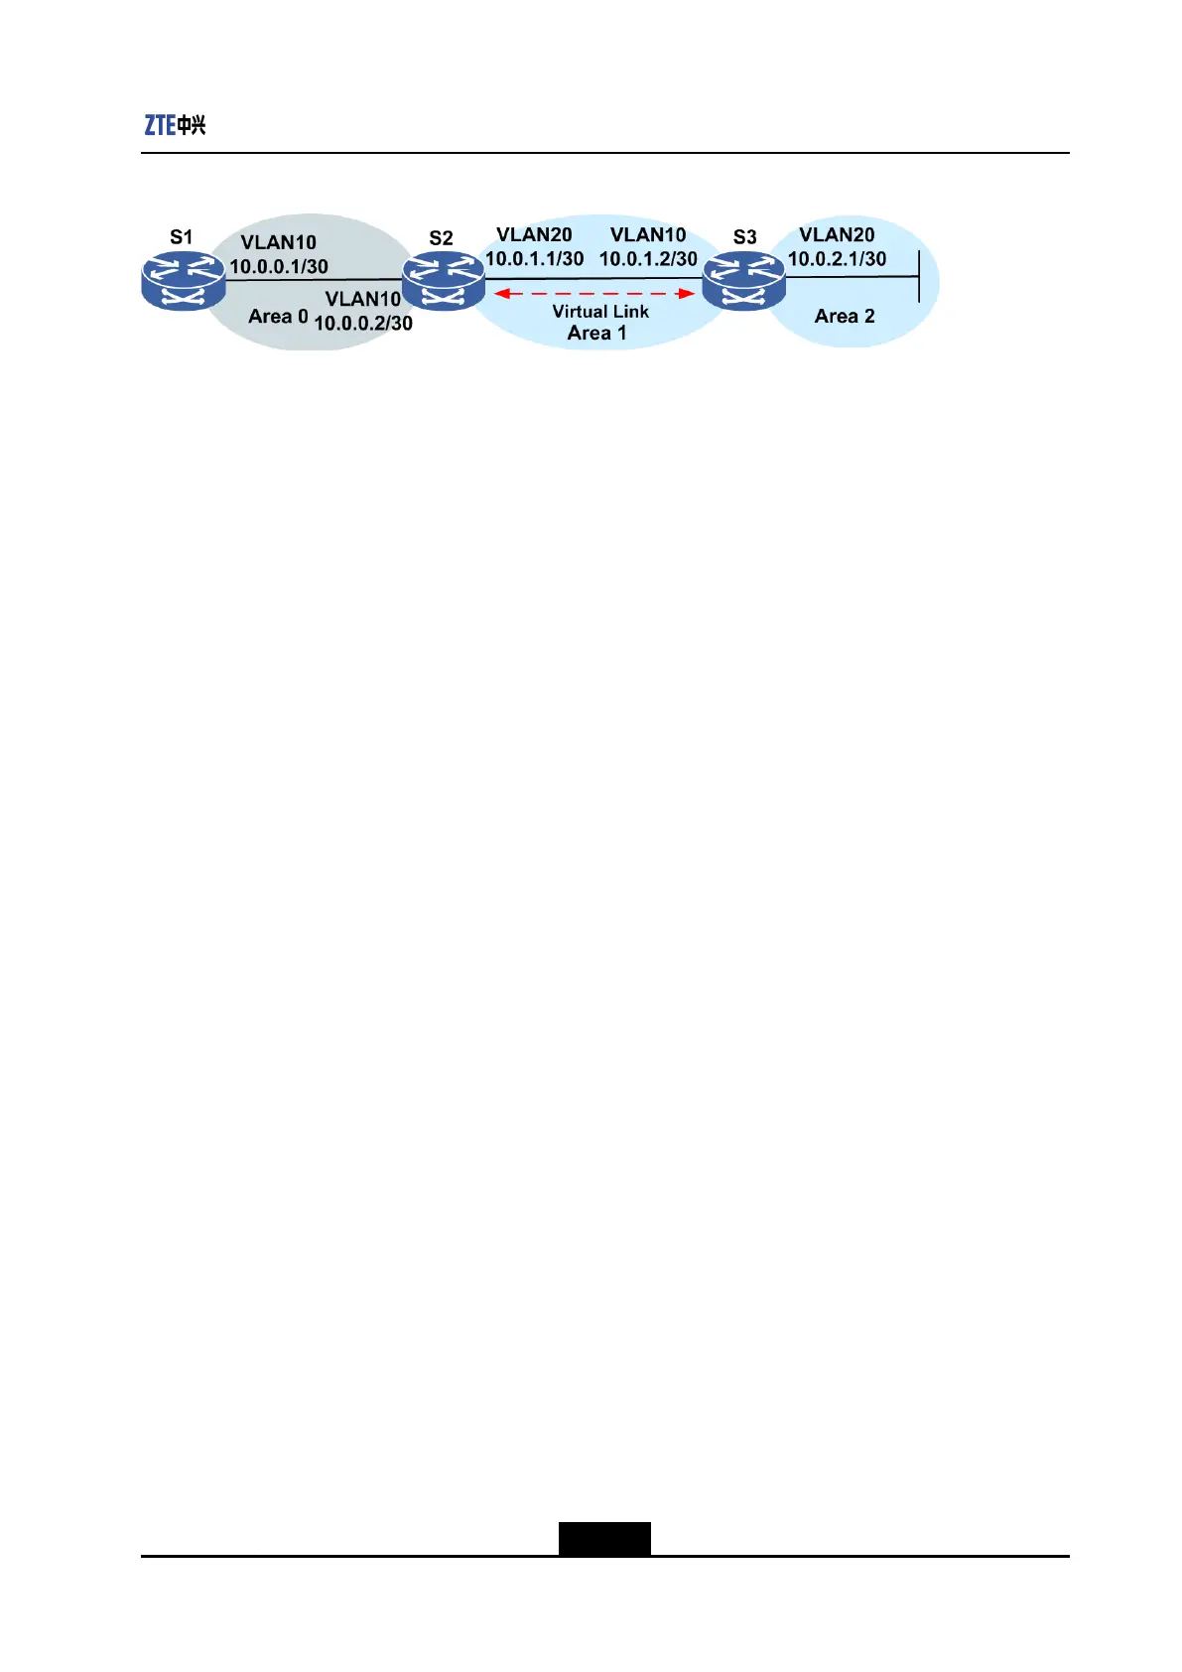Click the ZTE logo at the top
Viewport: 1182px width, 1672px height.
pos(175,125)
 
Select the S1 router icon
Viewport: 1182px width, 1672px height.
pos(184,280)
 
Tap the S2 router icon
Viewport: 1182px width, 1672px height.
pos(444,281)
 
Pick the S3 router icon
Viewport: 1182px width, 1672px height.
pos(744,281)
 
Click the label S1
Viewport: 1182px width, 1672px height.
pos(181,237)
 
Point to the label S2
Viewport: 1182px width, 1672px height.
pos(441,238)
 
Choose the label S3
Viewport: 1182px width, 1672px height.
pos(744,237)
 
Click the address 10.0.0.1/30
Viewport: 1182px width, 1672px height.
pos(279,266)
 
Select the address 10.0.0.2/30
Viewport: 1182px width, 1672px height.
pos(363,323)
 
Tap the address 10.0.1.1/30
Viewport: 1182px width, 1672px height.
pos(534,258)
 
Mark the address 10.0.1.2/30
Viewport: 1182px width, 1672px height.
pos(648,258)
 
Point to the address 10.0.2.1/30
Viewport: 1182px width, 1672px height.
pos(837,258)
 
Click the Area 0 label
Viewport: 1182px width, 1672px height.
pos(278,317)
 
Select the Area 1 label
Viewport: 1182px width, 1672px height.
pos(596,334)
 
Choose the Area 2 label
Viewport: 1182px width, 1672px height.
pos(845,317)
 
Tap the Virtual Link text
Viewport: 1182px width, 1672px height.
pos(600,312)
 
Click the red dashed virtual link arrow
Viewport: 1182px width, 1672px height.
pos(594,294)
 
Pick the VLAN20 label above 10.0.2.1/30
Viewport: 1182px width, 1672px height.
pos(837,235)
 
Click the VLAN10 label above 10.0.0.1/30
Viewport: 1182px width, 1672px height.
pos(278,243)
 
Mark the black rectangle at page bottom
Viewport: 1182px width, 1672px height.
pos(604,1538)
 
